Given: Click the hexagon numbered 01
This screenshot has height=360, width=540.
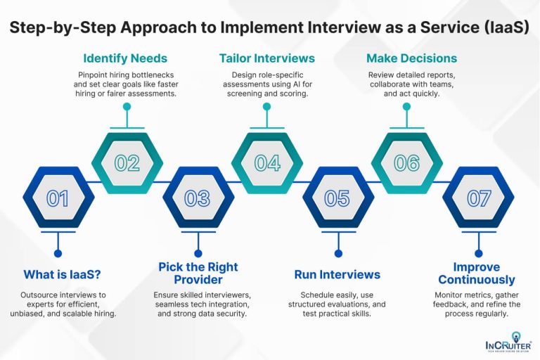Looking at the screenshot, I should pos(58,198).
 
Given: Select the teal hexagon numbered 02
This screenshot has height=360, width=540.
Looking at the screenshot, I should pos(127,163).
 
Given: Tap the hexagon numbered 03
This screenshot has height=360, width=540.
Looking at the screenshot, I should pos(197,198).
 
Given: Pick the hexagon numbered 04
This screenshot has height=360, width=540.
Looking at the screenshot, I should pos(267,163).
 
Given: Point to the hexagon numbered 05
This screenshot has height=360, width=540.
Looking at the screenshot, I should pos(337,198).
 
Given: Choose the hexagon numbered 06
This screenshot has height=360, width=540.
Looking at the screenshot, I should pos(406,163).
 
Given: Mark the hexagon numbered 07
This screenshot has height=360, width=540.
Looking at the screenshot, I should pos(478,198).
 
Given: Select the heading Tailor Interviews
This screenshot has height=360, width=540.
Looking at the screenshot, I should pos(266,58).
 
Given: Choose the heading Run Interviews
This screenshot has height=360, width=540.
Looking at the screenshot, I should pos(337,275).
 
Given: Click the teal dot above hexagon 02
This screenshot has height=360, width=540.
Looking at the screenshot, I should pos(127,107).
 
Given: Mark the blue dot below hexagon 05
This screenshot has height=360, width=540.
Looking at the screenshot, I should pos(337,253).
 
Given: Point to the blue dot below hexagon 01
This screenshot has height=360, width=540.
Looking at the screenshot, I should pos(58,253).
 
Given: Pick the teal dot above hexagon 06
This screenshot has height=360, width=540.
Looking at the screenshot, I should pos(406,107).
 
